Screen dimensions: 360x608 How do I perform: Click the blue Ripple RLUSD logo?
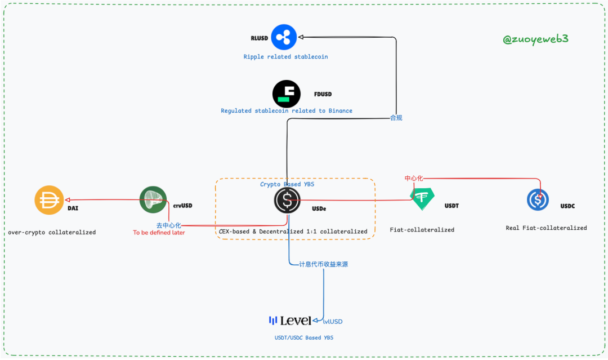pyautogui.click(x=284, y=37)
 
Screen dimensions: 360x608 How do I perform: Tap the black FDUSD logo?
pyautogui.click(x=287, y=94)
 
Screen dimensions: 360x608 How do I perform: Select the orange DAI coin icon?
pyautogui.click(x=49, y=200)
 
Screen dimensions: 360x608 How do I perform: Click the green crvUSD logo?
pyautogui.click(x=153, y=200)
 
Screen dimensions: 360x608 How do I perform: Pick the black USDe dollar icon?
pyautogui.click(x=287, y=200)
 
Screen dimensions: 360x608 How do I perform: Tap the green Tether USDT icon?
pyautogui.click(x=422, y=198)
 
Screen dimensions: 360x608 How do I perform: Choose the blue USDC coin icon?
pyautogui.click(x=538, y=199)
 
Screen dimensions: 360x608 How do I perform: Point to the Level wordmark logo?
pyautogui.click(x=290, y=321)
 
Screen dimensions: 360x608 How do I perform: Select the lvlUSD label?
pyautogui.click(x=333, y=322)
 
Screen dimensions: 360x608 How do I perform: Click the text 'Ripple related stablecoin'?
pyautogui.click(x=285, y=57)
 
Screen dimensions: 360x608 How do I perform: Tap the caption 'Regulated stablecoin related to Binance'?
pyautogui.click(x=287, y=111)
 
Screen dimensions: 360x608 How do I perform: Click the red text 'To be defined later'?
pyautogui.click(x=159, y=233)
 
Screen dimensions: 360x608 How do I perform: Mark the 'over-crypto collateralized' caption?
pyautogui.click(x=52, y=232)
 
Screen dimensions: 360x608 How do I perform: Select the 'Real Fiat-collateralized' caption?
pyautogui.click(x=546, y=228)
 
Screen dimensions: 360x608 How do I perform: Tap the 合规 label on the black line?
pyautogui.click(x=396, y=118)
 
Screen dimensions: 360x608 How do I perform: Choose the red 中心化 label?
pyautogui.click(x=414, y=179)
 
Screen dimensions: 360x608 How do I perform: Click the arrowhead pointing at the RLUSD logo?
pyautogui.click(x=301, y=37)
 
